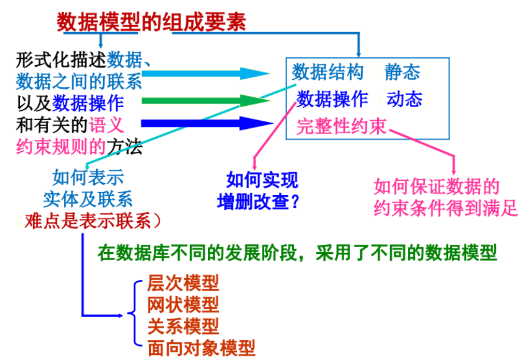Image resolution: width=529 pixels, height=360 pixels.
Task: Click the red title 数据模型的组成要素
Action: point(150,21)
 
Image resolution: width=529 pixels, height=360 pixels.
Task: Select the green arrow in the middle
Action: point(205,100)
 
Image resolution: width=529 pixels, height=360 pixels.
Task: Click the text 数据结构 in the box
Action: point(327,72)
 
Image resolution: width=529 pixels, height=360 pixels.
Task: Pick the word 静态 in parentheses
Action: point(402,72)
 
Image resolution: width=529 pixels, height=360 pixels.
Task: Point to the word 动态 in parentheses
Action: point(405,99)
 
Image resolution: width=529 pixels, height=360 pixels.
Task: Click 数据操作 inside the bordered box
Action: point(332,99)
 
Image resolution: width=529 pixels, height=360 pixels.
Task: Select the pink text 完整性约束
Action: point(341,126)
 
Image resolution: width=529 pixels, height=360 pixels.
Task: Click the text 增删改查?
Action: point(259,201)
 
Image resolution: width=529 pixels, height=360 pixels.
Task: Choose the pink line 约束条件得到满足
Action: point(446,208)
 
